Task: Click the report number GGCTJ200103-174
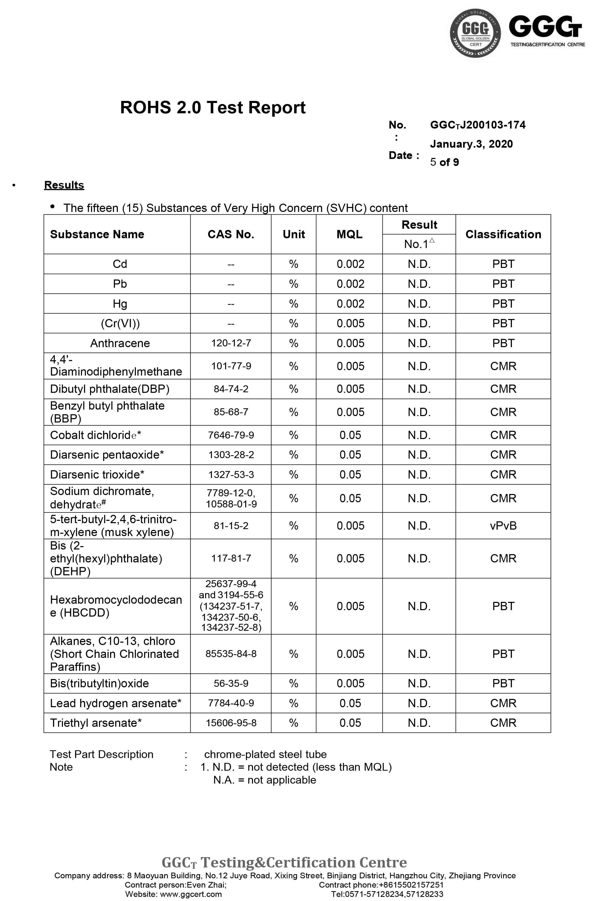click(477, 125)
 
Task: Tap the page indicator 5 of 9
click(444, 162)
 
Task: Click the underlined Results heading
click(64, 185)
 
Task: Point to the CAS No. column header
click(231, 234)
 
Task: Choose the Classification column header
click(503, 234)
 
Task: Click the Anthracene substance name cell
click(120, 343)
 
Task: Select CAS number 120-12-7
click(231, 343)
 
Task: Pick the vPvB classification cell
click(503, 526)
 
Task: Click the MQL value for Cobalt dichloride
click(350, 435)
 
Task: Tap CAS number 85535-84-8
click(231, 654)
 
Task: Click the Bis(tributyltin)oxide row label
click(99, 683)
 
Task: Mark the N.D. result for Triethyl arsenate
click(419, 723)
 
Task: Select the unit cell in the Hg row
click(293, 304)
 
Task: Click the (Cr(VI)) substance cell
click(120, 323)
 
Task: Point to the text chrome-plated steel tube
click(265, 754)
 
